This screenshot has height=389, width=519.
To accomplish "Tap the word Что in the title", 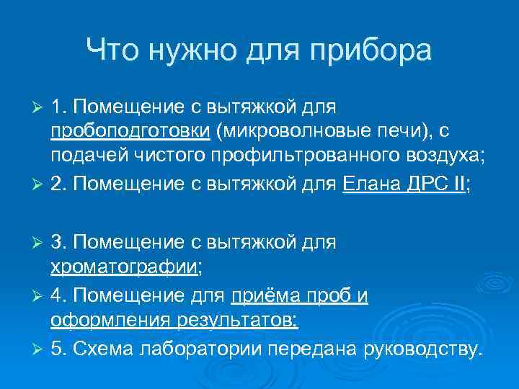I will [112, 52].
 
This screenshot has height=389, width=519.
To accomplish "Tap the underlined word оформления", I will [107, 320].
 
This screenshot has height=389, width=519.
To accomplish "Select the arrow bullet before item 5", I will [40, 349].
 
